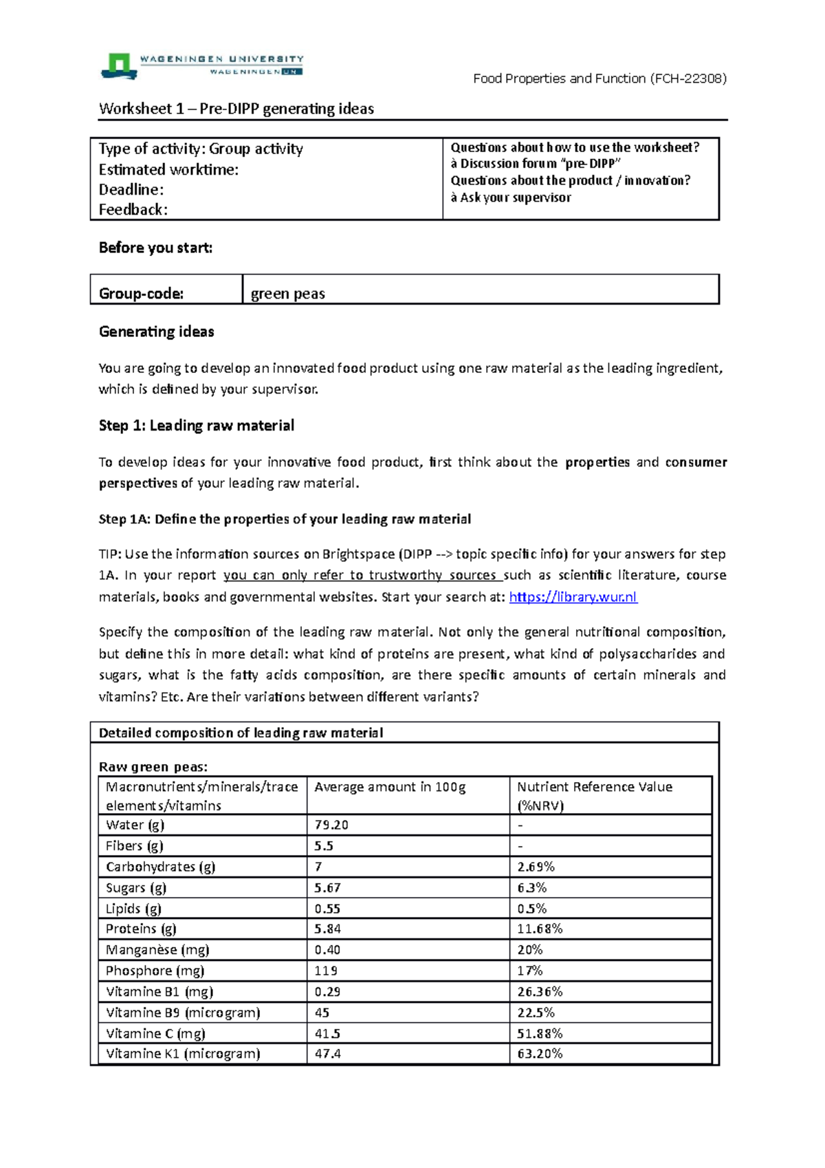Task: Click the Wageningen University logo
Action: click(201, 65)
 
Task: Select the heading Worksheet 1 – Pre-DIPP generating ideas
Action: click(236, 109)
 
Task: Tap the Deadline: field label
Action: click(131, 190)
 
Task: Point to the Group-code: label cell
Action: click(141, 294)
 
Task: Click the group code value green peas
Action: click(287, 294)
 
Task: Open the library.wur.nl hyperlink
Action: click(573, 597)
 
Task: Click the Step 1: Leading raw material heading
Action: click(196, 426)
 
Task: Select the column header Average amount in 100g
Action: click(390, 787)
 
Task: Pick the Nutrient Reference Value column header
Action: click(594, 787)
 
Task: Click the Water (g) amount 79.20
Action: click(331, 825)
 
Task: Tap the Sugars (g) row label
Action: click(136, 888)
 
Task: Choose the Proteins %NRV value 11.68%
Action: click(540, 929)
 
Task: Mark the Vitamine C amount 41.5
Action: click(327, 1033)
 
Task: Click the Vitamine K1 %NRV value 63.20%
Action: click(540, 1054)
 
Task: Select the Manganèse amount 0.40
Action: click(327, 950)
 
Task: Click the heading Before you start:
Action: click(155, 248)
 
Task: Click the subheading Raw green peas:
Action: click(153, 767)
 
